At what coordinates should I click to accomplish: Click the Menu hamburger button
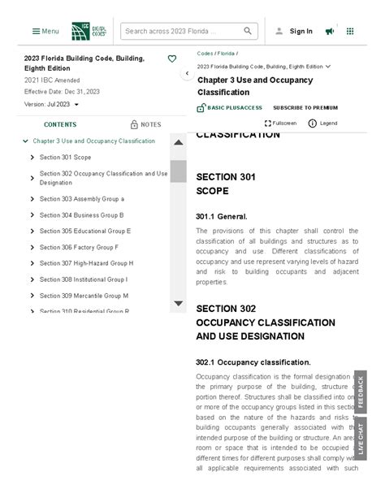click(45, 31)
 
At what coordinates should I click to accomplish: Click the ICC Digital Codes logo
click(89, 31)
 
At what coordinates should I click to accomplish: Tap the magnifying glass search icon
click(248, 31)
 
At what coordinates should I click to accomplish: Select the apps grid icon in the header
click(350, 31)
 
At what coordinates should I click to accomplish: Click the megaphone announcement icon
click(330, 31)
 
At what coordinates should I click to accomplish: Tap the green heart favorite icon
click(171, 58)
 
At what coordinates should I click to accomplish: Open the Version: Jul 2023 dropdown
click(51, 105)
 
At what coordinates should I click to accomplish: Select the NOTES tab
click(145, 124)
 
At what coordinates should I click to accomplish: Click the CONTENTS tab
click(60, 124)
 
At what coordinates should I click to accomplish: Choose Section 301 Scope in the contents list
click(65, 158)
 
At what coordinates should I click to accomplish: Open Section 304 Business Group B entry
click(81, 215)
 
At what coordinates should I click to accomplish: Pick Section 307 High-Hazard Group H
click(86, 263)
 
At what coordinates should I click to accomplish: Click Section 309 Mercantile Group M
click(84, 296)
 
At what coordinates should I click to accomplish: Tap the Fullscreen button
click(280, 123)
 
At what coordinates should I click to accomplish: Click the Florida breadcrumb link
click(226, 54)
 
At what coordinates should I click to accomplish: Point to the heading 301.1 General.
click(221, 216)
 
